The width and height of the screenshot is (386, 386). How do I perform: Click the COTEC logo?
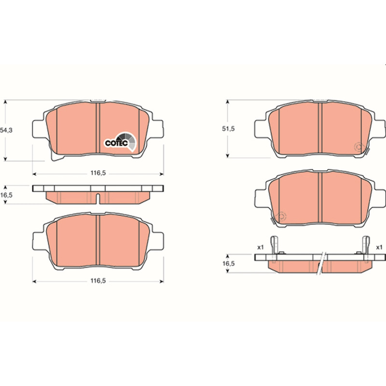pyautogui.click(x=120, y=141)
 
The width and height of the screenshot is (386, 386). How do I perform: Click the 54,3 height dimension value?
pyautogui.click(x=6, y=130)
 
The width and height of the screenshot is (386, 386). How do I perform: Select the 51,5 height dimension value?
pyautogui.click(x=228, y=129)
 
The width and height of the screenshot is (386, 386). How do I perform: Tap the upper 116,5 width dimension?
pyautogui.click(x=98, y=173)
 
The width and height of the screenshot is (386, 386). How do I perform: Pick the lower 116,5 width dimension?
pyautogui.click(x=98, y=281)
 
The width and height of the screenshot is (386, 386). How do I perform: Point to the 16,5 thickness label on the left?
pyautogui.click(x=6, y=195)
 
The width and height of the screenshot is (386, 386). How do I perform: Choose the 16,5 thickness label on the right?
pyautogui.click(x=229, y=263)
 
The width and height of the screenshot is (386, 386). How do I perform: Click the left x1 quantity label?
pyautogui.click(x=261, y=247)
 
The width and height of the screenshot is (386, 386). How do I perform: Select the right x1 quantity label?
pyautogui.click(x=379, y=247)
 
